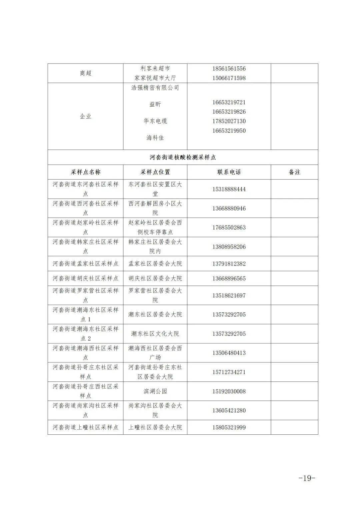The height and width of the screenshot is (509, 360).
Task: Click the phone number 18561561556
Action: pyautogui.click(x=229, y=69)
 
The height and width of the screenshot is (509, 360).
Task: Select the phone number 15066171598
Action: pyautogui.click(x=229, y=78)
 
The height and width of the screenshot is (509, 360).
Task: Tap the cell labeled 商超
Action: pyautogui.click(x=86, y=73)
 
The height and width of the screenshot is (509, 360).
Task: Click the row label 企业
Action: pyautogui.click(x=86, y=116)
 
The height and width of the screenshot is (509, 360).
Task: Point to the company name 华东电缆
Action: pyautogui.click(x=155, y=121)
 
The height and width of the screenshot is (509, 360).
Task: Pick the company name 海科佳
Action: pyautogui.click(x=155, y=138)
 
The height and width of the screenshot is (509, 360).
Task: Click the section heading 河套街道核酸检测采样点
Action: pyautogui.click(x=183, y=157)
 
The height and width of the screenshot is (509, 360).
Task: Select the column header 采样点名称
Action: pyautogui.click(x=86, y=172)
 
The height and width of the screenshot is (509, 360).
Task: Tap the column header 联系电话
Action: pyautogui.click(x=229, y=172)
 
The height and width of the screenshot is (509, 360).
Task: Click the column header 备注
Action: pyautogui.click(x=294, y=172)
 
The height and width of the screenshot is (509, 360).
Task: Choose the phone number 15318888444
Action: pyautogui.click(x=229, y=189)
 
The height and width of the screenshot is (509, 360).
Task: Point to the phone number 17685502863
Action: pyautogui.click(x=229, y=228)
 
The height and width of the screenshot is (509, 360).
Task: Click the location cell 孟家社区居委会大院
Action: pyautogui.click(x=155, y=264)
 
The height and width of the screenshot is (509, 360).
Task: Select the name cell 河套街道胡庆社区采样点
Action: pyautogui.click(x=86, y=278)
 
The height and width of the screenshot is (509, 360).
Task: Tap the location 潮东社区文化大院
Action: pyautogui.click(x=155, y=334)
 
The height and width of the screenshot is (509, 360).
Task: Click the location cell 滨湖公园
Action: pyautogui.click(x=155, y=391)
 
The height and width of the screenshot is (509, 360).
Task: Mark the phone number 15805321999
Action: pyautogui.click(x=229, y=427)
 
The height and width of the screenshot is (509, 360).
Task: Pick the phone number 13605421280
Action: pyautogui.click(x=229, y=410)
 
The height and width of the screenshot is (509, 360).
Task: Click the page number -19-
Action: pyautogui.click(x=306, y=478)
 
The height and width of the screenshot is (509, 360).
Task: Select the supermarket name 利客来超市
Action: pyautogui.click(x=155, y=69)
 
